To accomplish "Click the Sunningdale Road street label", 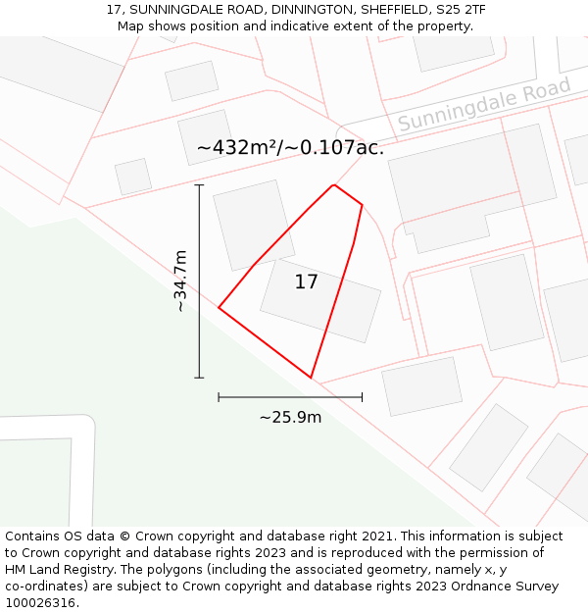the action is click(484, 106).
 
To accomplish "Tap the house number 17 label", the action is click(306, 282).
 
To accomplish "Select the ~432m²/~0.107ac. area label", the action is click(290, 148).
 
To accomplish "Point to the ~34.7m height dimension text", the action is click(180, 281).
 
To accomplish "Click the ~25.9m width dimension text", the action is click(290, 417).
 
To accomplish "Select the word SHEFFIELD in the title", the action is click(393, 10).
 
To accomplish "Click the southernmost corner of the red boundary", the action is click(311, 378).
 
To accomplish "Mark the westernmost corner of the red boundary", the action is click(219, 308).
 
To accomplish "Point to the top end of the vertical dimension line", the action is click(199, 184).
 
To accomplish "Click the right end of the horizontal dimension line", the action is click(362, 397).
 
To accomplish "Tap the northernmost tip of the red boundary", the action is click(334, 184).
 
